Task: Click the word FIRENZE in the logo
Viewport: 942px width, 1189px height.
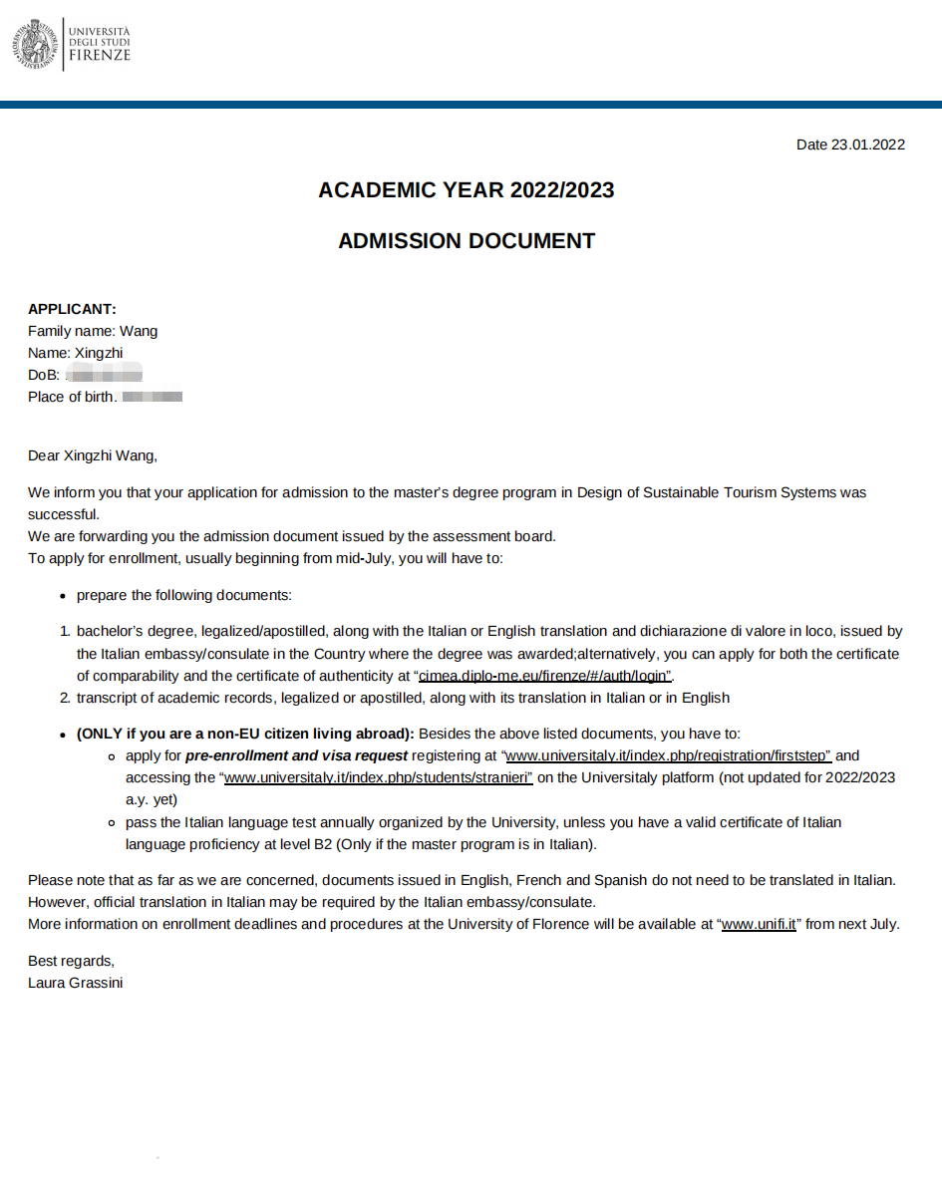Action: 100,56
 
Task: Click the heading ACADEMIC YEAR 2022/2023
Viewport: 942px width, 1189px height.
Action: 466,189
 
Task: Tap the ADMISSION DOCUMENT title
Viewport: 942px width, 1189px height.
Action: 466,241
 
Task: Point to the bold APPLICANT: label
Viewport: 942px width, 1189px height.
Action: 72,309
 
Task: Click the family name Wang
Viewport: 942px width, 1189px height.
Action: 139,331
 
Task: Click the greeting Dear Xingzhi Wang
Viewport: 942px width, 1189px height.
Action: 93,456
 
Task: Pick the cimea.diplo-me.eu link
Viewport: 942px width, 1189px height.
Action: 544,676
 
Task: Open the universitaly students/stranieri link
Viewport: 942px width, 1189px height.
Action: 379,777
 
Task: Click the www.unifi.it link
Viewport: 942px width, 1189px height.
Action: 759,924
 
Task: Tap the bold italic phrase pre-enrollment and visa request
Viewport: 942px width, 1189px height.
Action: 296,755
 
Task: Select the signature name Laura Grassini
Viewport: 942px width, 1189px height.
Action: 76,983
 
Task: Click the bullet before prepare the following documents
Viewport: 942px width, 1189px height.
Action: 63,596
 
